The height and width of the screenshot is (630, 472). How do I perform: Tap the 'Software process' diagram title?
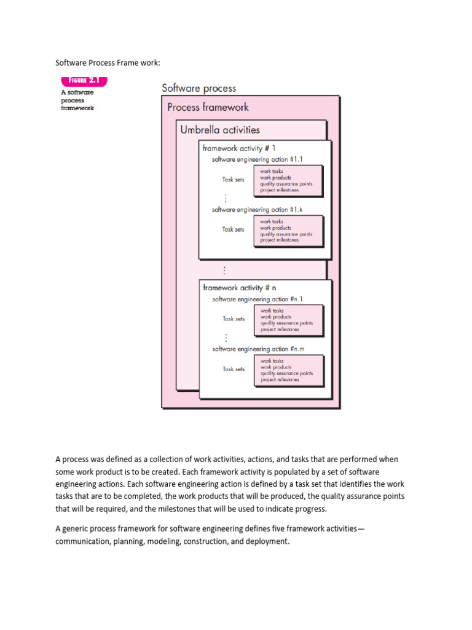[x=199, y=88]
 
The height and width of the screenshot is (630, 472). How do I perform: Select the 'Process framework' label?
[x=208, y=107]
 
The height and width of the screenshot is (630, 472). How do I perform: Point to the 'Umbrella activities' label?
[x=219, y=130]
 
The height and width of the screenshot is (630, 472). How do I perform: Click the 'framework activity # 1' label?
[x=239, y=148]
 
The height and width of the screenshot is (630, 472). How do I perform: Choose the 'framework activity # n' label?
[x=239, y=287]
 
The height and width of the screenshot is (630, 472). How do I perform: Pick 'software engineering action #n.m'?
[x=258, y=349]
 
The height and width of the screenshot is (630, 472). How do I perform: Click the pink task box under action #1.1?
[x=288, y=181]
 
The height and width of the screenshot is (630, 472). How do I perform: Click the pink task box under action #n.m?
[x=289, y=370]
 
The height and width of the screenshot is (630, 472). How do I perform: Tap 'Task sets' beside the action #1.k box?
[x=233, y=229]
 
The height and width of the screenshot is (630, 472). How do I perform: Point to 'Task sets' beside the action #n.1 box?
[x=234, y=319]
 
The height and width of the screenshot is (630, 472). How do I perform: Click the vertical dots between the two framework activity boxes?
[x=225, y=269]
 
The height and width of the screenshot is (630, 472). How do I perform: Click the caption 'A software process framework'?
[x=77, y=100]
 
